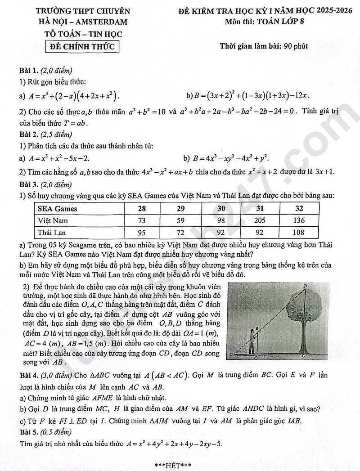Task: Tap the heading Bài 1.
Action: (29, 71)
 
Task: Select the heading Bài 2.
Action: (29, 134)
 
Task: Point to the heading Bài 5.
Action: (29, 432)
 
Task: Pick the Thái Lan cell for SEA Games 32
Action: (299, 233)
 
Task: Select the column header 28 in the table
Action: (142, 208)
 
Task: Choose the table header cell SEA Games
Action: (57, 208)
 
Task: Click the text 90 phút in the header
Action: (292, 46)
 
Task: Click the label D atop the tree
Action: (306, 286)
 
